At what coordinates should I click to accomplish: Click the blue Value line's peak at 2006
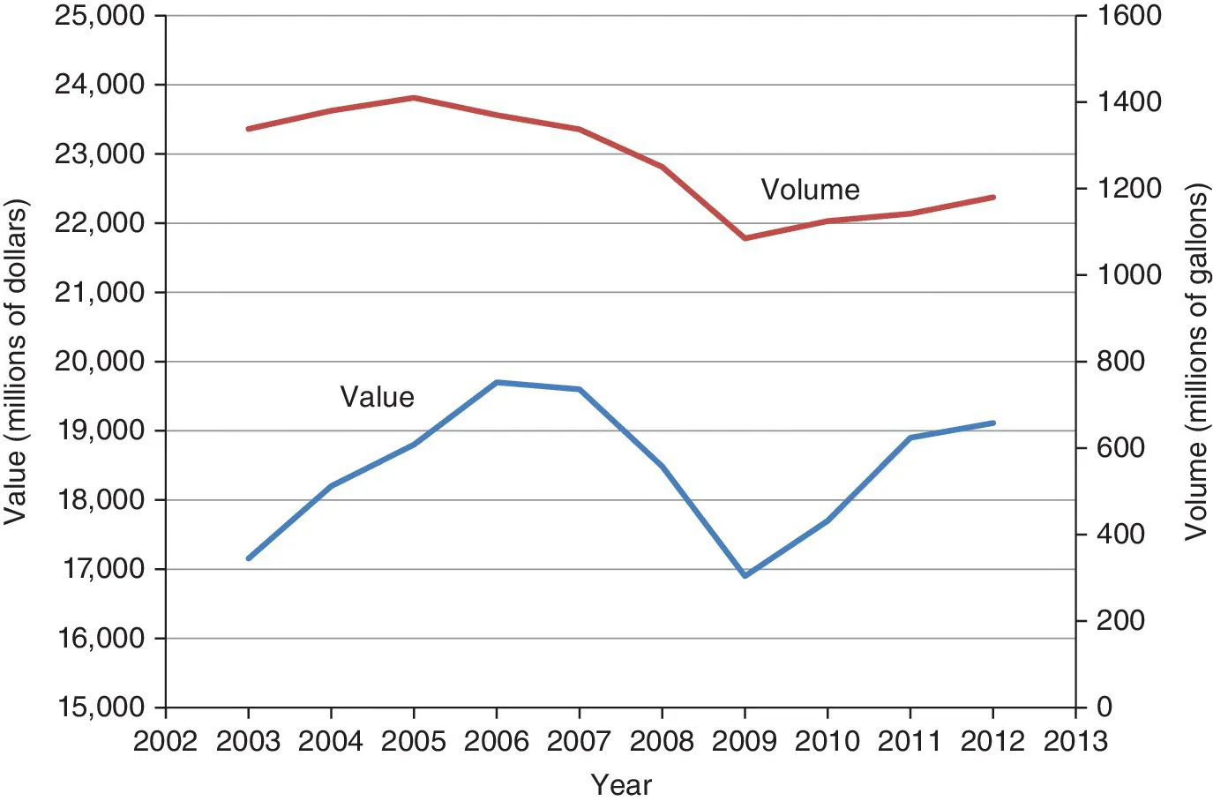(x=497, y=382)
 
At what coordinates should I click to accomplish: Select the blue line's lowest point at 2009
(x=745, y=575)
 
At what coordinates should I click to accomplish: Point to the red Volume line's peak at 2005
(x=414, y=98)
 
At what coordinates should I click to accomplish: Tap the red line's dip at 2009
(x=745, y=238)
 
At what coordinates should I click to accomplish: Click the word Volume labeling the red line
(x=810, y=190)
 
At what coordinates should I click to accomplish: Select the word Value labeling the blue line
(x=377, y=397)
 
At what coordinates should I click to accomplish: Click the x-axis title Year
(x=621, y=784)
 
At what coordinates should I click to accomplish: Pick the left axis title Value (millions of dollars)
(x=15, y=362)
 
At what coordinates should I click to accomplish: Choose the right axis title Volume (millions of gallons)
(x=1196, y=362)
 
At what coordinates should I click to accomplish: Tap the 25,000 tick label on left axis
(x=100, y=16)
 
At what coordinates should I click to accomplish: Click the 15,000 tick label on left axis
(x=100, y=707)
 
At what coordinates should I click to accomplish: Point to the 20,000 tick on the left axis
(x=100, y=362)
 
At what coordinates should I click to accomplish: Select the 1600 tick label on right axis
(x=1129, y=16)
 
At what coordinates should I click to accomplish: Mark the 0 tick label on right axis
(x=1104, y=707)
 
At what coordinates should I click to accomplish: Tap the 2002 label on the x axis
(x=165, y=741)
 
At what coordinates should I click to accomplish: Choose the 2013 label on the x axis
(x=1075, y=741)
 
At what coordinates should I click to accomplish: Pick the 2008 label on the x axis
(x=662, y=741)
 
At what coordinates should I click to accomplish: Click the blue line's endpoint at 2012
(x=993, y=423)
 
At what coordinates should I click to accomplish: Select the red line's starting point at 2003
(x=249, y=129)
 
